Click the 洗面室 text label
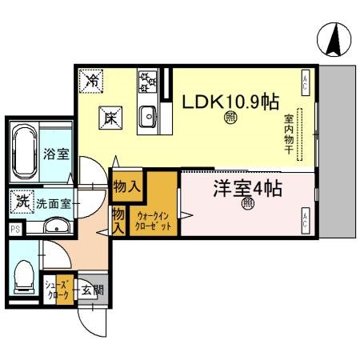[x=53, y=203]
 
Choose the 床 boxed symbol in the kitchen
[x=110, y=117]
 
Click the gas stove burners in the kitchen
[x=147, y=80]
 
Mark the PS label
[x=14, y=229]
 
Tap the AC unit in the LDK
[x=306, y=82]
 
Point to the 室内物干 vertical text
[x=289, y=134]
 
